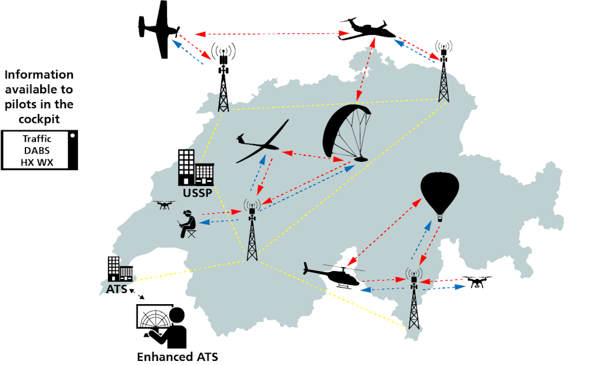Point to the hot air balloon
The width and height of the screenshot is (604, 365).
click(x=439, y=195)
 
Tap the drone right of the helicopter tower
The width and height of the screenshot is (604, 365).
click(x=477, y=282)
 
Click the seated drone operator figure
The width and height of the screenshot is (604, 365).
click(x=188, y=225)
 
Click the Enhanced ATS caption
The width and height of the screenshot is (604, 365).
click(x=173, y=357)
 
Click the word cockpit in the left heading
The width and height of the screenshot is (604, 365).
click(x=39, y=118)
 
